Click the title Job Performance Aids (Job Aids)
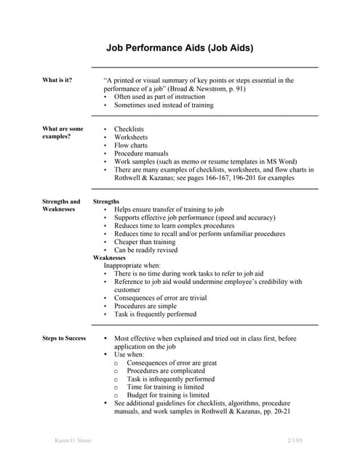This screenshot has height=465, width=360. tap(180, 49)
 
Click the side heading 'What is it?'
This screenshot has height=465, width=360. tap(57, 80)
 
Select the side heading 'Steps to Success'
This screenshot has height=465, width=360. tap(64, 338)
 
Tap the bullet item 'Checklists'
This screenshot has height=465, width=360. tap(129, 129)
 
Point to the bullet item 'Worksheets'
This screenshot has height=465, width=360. tap(130, 137)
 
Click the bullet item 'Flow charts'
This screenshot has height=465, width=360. tap(130, 145)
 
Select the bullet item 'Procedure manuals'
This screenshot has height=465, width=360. tap(140, 153)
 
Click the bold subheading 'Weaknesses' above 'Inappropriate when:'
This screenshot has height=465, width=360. tap(109, 258)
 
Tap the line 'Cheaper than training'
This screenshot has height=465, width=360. tap(145, 242)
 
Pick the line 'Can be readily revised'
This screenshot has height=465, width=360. tap(145, 250)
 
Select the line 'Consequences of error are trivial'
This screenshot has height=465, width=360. tap(160, 298)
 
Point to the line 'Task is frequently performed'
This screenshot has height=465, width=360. tap(155, 315)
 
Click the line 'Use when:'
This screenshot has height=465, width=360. tap(129, 355)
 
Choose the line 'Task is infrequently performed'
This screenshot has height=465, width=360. tap(170, 379)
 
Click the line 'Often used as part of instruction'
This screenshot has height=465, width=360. tap(159, 96)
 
